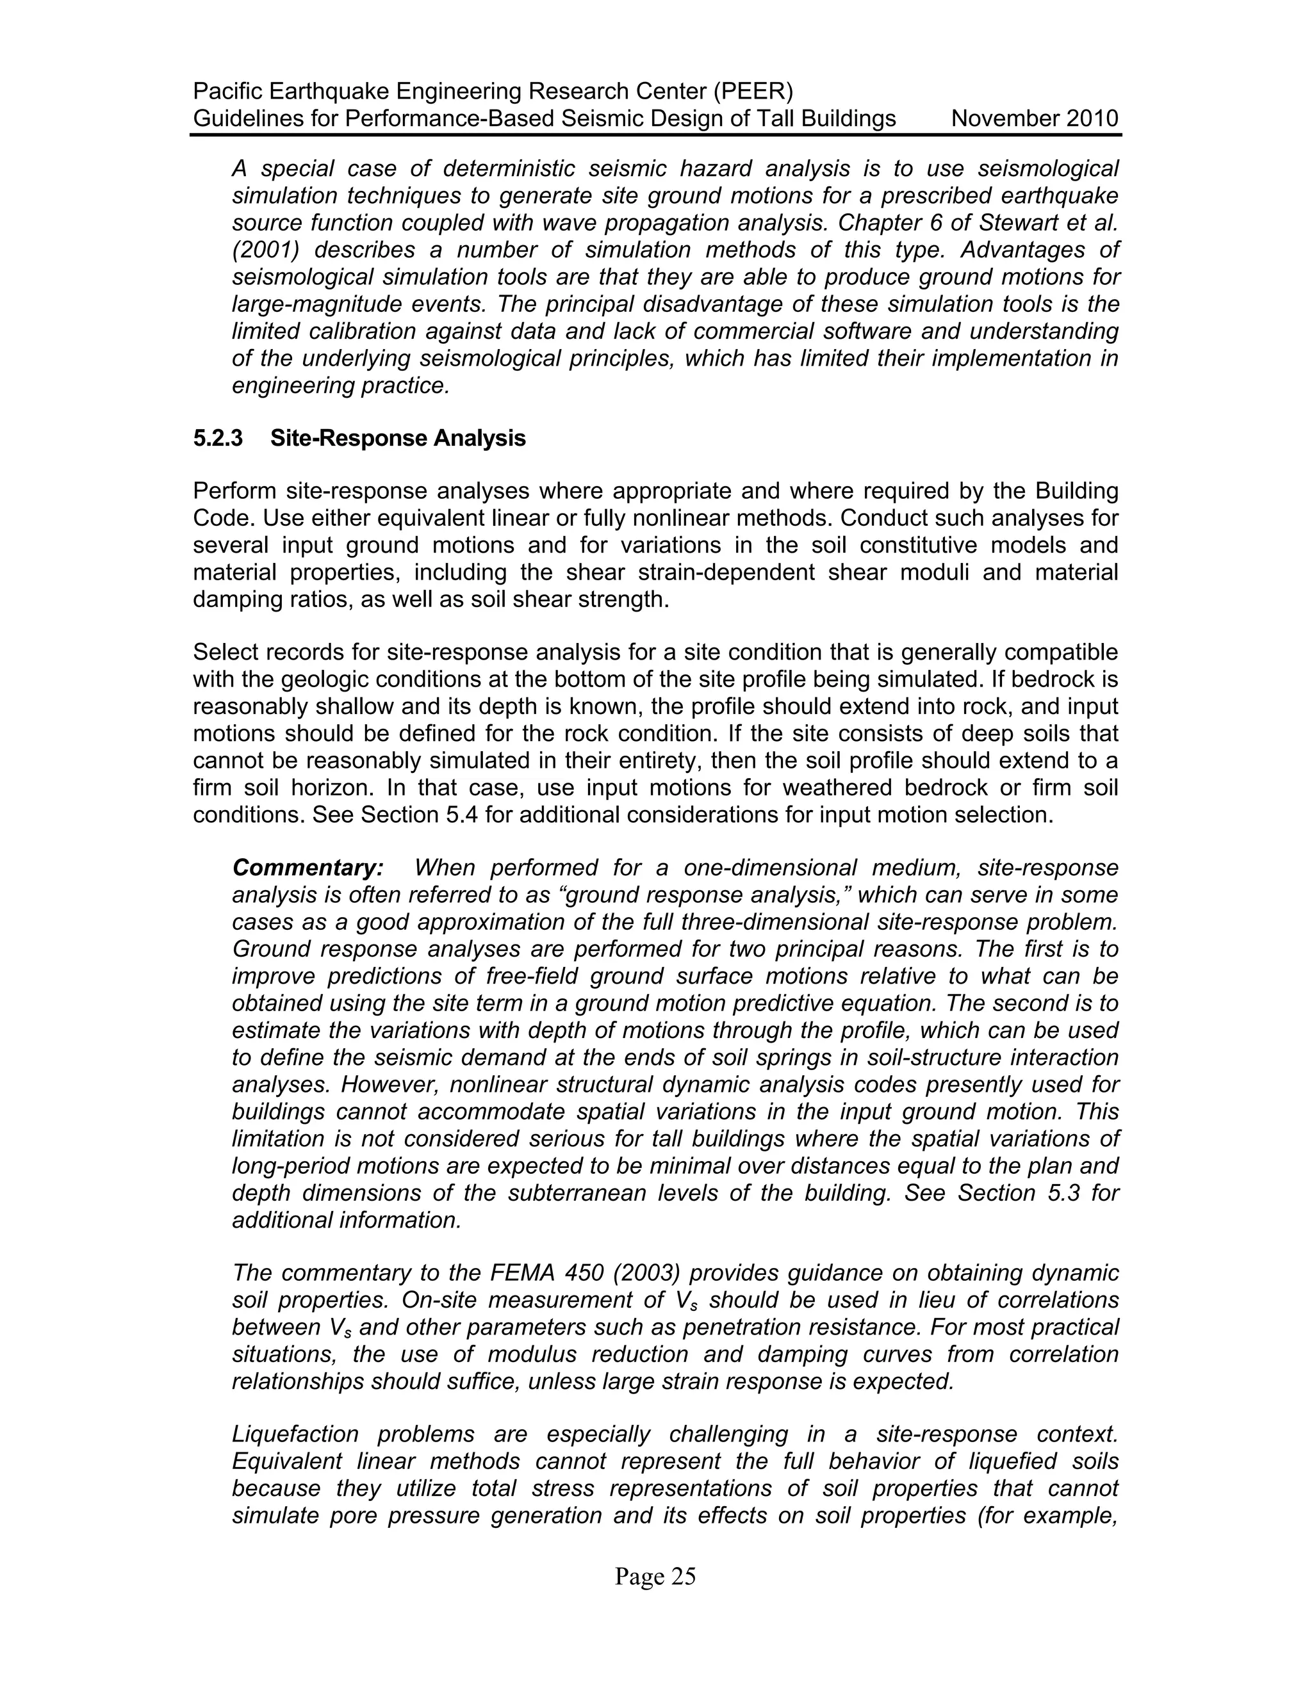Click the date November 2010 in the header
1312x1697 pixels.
tap(1035, 119)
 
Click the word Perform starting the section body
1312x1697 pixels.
tap(234, 492)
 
